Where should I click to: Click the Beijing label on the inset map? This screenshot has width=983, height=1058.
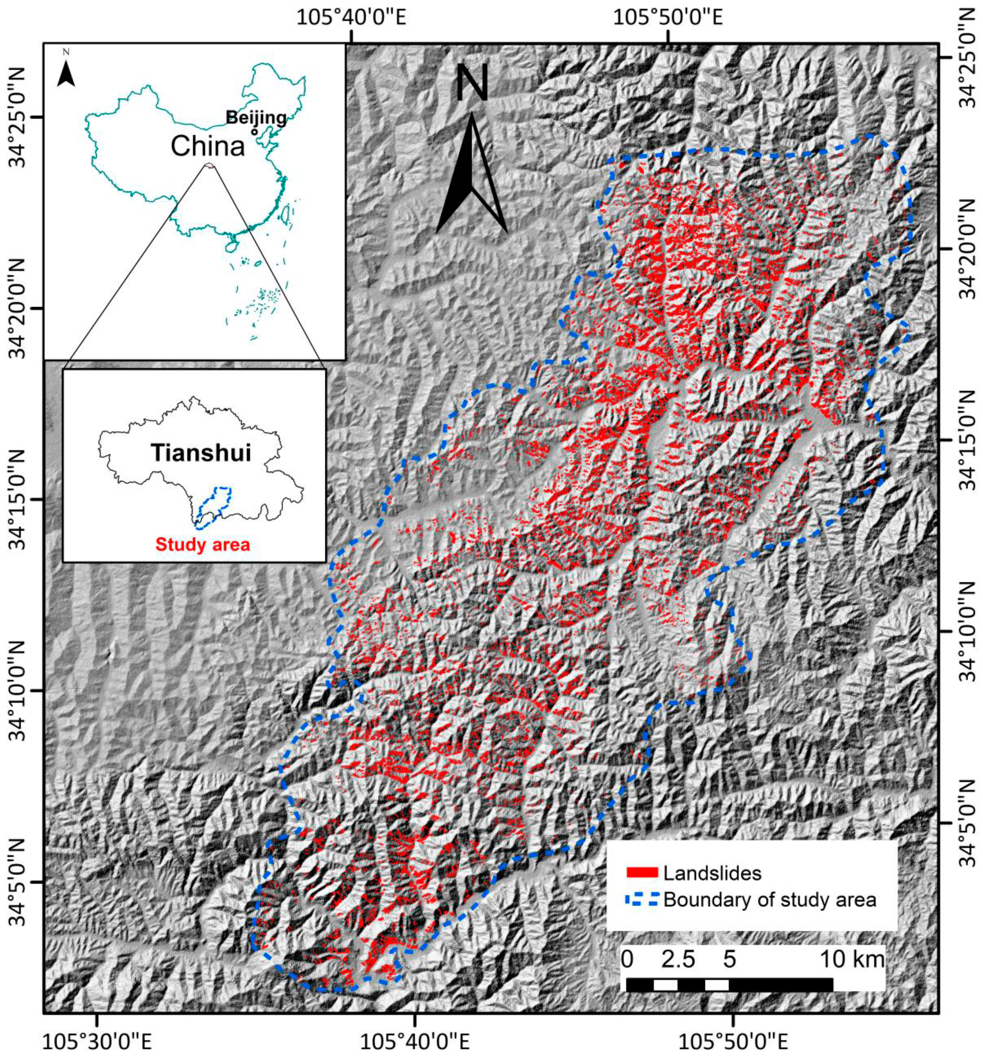pos(256,117)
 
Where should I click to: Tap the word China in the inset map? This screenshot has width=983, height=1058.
pos(207,145)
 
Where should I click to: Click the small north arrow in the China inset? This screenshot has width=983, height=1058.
pos(66,73)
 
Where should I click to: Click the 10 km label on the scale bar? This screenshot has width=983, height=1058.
pos(852,960)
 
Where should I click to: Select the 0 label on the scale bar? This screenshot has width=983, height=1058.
pos(627,960)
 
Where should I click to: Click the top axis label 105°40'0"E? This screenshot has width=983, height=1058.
pos(351,17)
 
